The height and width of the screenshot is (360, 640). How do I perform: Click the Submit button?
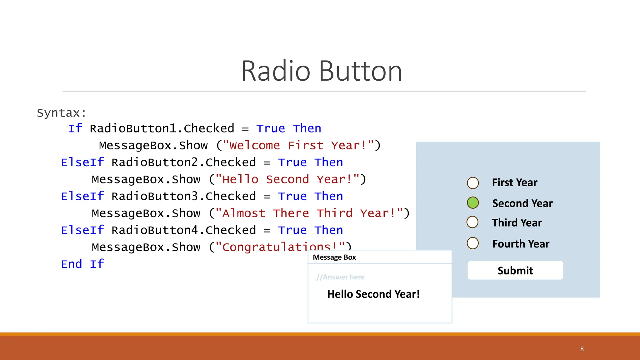pos(515,270)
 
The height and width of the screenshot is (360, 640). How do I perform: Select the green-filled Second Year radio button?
pos(473,203)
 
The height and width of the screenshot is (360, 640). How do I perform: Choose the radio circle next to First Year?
pos(473,183)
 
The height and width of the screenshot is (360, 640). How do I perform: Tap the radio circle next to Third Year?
pos(472,222)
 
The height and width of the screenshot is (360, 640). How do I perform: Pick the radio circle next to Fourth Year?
pos(473,243)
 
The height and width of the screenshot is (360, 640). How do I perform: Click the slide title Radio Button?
pos(321,71)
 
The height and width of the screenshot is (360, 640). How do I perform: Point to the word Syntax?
pos(61,113)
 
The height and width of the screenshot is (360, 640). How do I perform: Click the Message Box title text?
pos(334,257)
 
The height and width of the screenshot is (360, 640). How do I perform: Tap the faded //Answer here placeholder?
pos(340,277)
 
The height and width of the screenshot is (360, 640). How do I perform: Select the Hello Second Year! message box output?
pos(373,294)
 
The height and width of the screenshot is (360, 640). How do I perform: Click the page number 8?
pos(582,349)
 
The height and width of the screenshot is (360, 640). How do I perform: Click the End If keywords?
pos(82,264)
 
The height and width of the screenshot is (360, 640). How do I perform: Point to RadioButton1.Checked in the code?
pos(162,128)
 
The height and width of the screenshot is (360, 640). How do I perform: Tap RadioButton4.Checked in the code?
pos(183,230)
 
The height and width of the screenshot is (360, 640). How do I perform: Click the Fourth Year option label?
pos(521,244)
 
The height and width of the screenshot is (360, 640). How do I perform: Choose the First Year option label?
pos(514,182)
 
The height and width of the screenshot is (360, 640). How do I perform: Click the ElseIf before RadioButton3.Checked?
pos(82,196)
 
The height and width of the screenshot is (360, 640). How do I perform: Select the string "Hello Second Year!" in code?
pos(287,179)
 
